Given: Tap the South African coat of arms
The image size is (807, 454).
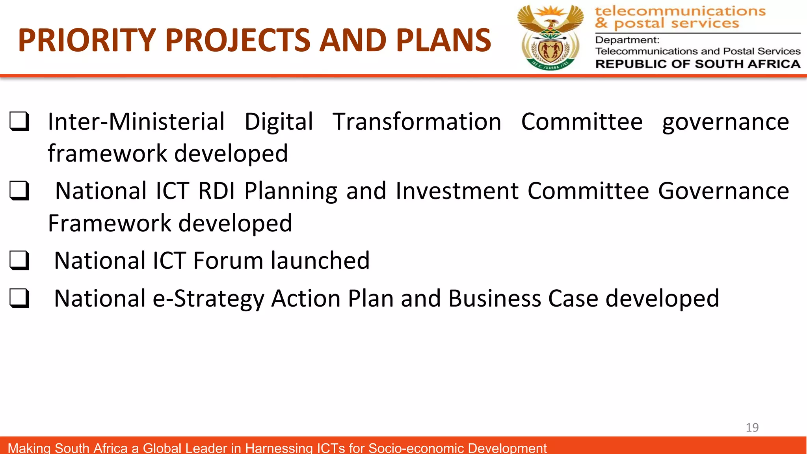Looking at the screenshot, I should pos(550,38).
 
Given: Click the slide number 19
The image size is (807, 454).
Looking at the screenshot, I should pos(752,428).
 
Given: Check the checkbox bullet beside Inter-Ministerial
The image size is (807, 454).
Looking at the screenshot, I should pos(19,121).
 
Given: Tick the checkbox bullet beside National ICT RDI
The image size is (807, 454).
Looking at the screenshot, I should pos(19,191).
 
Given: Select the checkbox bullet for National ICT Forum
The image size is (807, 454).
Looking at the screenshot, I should pos(19,260).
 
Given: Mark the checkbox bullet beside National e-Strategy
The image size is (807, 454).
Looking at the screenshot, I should pos(19,298).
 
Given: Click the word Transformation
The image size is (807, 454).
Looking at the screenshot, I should pos(417,121).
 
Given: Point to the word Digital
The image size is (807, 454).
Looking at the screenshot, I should pos(279,122).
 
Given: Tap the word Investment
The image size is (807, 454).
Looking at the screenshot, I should pos(457,191).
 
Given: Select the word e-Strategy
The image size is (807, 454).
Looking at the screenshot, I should pos(208,299).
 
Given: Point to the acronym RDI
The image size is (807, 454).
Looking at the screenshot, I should pos(216,191).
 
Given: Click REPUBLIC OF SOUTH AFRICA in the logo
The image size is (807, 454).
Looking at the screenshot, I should pos(697,64).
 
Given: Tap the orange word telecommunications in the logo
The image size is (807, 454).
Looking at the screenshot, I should pos(680,11).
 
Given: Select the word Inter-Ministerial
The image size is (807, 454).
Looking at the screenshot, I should pos(136,121).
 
